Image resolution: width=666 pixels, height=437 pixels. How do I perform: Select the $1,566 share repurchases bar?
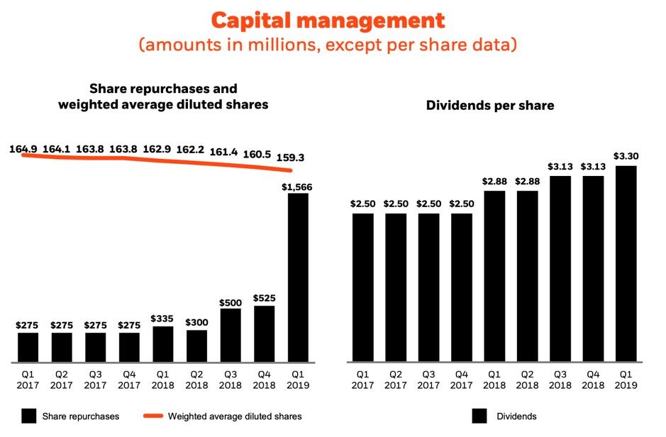(298, 277)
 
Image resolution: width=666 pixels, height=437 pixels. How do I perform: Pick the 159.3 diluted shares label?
(289, 157)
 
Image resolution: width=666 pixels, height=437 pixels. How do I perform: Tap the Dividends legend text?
(516, 416)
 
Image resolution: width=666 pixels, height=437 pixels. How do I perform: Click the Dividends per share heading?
(490, 106)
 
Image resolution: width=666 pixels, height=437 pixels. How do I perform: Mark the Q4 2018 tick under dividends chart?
(593, 379)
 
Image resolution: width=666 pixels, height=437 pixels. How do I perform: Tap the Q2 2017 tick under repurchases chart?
(62, 379)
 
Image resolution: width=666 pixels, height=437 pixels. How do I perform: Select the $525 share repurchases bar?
(264, 333)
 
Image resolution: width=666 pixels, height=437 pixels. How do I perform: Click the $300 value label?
(196, 321)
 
